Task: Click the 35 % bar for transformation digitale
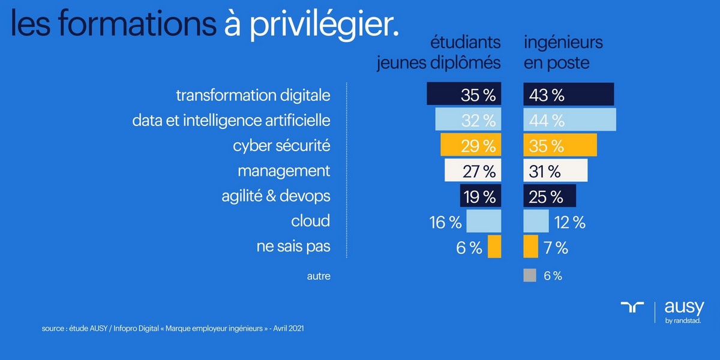tap(464, 95)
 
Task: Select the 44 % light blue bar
tap(569, 120)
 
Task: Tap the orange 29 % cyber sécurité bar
tap(470, 145)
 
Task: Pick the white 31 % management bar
tap(555, 171)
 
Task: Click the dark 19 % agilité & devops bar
tap(480, 196)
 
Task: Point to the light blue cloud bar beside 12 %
tap(536, 221)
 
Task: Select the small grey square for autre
tap(529, 275)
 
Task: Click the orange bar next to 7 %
tap(530, 246)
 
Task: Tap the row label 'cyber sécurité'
tap(282, 145)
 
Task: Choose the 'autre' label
tap(319, 276)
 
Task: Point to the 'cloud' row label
tap(310, 221)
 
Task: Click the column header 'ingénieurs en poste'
tap(563, 52)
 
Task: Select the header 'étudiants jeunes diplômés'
tap(439, 52)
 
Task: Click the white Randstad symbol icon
tap(632, 308)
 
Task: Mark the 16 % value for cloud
tap(446, 222)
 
